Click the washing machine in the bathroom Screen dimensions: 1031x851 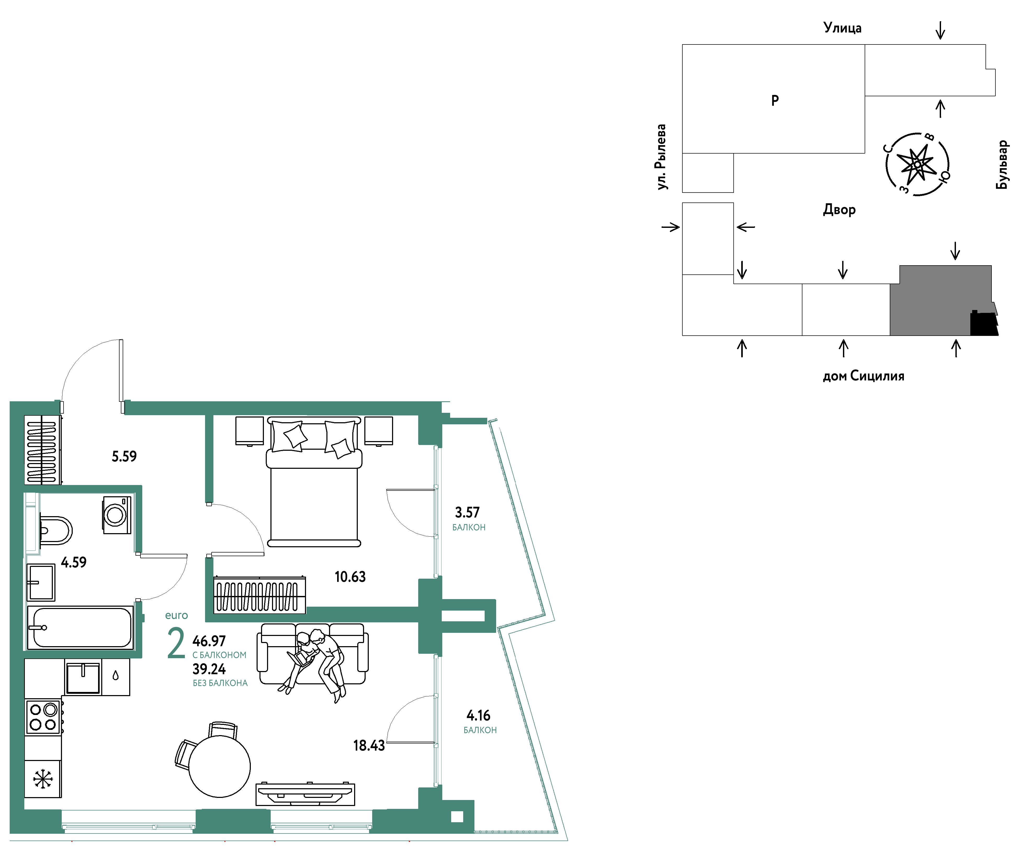click(117, 515)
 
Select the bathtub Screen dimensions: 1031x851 click(80, 628)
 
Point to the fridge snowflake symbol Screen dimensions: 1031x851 click(43, 779)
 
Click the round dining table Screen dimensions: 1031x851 click(219, 766)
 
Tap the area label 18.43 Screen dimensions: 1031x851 click(369, 746)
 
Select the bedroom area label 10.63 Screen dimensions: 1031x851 click(350, 577)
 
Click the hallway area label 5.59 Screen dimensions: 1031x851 click(124, 457)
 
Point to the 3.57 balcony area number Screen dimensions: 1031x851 click(467, 512)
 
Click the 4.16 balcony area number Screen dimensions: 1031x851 click(478, 715)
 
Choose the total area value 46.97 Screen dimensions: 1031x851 click(209, 641)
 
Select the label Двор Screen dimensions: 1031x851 click(839, 210)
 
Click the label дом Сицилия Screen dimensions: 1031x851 click(863, 376)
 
